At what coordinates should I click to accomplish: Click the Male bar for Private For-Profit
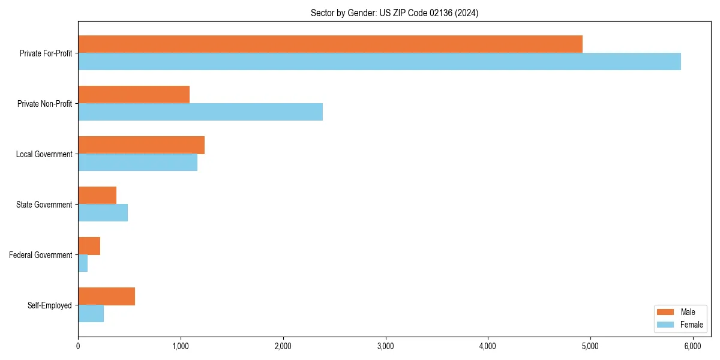click(x=330, y=44)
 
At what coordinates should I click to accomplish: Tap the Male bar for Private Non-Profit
click(x=134, y=94)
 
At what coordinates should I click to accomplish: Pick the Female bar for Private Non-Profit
click(x=200, y=112)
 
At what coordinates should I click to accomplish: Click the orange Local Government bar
click(x=141, y=145)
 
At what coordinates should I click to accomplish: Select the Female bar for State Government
click(x=103, y=212)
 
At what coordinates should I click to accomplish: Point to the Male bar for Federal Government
click(x=89, y=245)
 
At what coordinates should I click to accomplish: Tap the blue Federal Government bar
click(x=83, y=263)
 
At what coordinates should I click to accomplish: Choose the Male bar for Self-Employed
click(x=106, y=296)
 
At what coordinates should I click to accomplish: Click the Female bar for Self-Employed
click(x=91, y=313)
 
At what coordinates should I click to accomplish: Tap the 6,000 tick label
click(x=693, y=346)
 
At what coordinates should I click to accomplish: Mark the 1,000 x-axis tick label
click(x=181, y=346)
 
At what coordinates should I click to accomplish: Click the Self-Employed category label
click(x=49, y=305)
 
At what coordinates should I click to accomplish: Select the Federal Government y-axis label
click(x=40, y=255)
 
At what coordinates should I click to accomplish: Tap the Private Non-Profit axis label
click(x=44, y=104)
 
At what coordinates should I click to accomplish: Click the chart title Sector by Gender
click(x=394, y=13)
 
